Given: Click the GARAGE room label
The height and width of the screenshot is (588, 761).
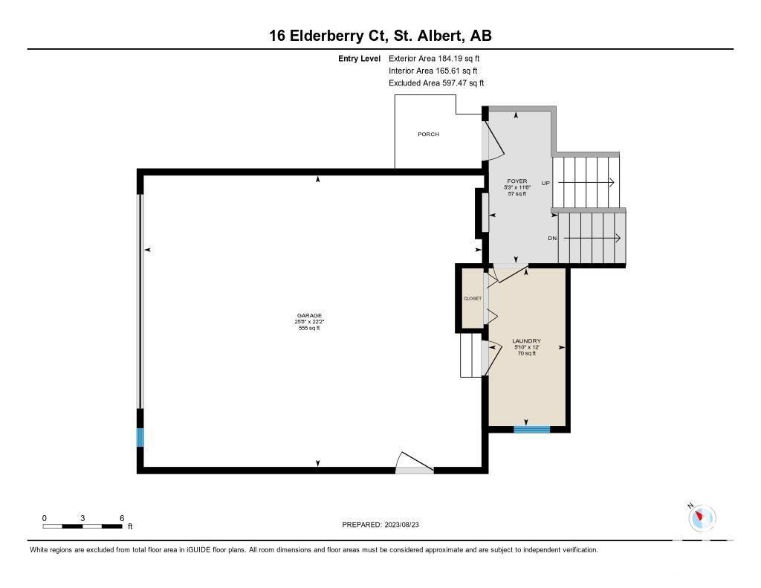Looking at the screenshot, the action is click(x=309, y=316).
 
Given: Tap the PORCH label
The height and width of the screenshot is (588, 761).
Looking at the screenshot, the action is click(x=429, y=134).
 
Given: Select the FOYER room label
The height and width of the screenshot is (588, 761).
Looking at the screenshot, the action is click(x=517, y=181).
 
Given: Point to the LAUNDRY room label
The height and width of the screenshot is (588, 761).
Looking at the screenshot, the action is click(x=527, y=341).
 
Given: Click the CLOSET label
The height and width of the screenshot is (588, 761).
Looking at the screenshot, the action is click(x=472, y=298).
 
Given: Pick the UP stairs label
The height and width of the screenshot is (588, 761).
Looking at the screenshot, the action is click(x=545, y=183).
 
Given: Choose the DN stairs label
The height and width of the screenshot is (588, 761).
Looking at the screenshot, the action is click(x=552, y=239).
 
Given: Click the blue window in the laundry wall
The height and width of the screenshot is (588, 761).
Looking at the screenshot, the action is click(x=532, y=429).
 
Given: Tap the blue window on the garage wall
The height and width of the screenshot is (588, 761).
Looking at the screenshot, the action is click(x=140, y=437).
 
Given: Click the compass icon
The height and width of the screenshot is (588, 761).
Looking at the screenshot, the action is click(x=702, y=517).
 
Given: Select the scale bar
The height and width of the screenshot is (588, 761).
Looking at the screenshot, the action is click(x=82, y=526).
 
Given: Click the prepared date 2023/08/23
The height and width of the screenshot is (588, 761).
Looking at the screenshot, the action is click(x=402, y=524).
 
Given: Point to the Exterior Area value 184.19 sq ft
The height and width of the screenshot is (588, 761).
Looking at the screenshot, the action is click(x=459, y=58).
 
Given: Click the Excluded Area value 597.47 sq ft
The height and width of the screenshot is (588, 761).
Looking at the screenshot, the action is click(x=463, y=83).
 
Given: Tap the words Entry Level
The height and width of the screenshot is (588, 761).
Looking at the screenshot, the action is click(x=359, y=59).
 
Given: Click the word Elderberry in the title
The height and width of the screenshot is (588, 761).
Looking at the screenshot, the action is click(x=326, y=36).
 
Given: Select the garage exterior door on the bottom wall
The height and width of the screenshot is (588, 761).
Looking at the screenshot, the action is click(x=414, y=462).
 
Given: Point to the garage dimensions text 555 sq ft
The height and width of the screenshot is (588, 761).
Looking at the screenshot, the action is click(x=309, y=329).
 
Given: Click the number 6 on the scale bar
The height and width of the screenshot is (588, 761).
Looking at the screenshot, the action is click(x=122, y=518).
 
